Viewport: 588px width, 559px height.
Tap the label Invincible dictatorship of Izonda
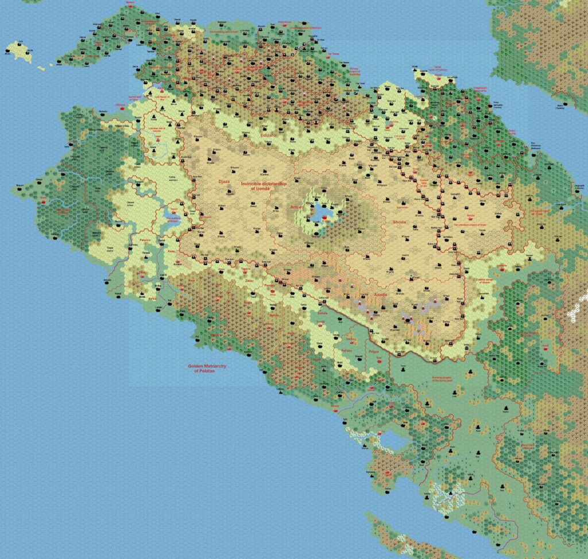tap(264, 185)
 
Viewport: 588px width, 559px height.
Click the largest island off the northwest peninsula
tap(21, 51)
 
